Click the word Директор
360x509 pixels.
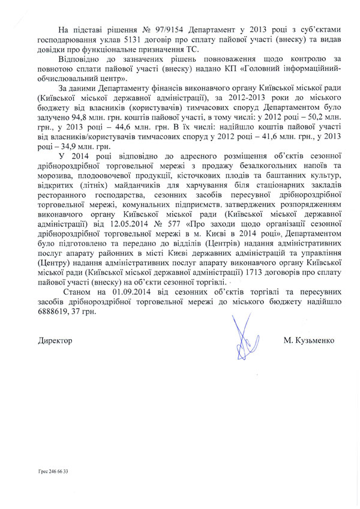[55, 340]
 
